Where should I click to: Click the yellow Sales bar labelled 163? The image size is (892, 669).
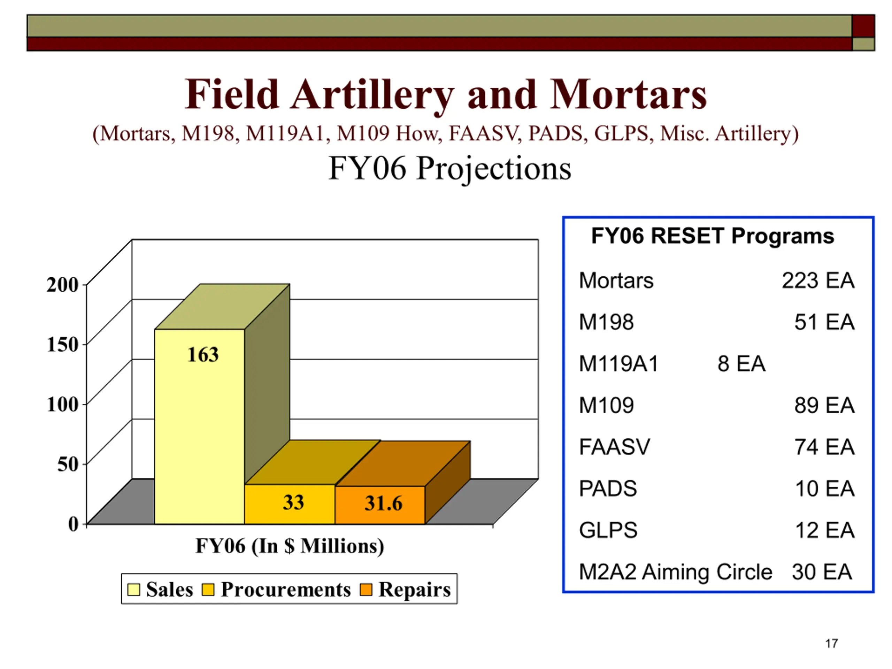(x=200, y=426)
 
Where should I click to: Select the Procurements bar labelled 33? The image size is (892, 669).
(x=290, y=504)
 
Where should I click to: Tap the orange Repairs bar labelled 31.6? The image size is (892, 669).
(x=380, y=505)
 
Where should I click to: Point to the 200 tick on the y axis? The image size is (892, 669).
(x=62, y=285)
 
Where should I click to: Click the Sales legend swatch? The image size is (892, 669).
(x=133, y=590)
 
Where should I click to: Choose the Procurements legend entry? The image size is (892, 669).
(x=276, y=590)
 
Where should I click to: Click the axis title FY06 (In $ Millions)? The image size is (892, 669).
(x=290, y=546)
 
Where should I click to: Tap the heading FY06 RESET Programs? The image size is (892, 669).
(x=713, y=236)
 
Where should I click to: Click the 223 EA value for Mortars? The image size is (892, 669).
(x=818, y=280)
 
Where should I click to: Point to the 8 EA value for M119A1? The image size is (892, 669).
(x=741, y=364)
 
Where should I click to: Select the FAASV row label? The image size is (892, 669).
(x=615, y=447)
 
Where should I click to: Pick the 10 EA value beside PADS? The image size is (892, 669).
(x=825, y=489)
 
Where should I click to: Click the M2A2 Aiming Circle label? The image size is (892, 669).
(x=676, y=572)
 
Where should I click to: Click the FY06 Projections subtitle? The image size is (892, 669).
(x=449, y=169)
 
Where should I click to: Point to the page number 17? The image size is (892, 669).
(x=831, y=644)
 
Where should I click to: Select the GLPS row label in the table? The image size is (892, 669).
(x=608, y=530)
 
